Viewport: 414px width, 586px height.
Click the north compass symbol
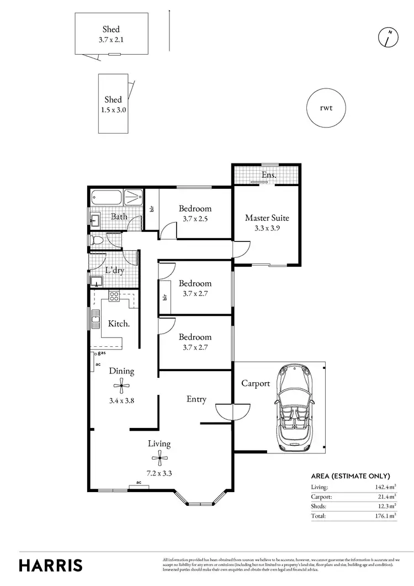click(389, 37)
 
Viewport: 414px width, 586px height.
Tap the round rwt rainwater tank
click(326, 107)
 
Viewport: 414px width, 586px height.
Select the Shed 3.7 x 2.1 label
click(111, 34)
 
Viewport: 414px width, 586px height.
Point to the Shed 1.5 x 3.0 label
click(113, 104)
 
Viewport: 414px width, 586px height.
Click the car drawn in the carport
click(296, 408)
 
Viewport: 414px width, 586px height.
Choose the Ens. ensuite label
click(269, 175)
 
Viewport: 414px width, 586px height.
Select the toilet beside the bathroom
click(97, 241)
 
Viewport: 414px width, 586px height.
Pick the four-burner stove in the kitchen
click(114, 296)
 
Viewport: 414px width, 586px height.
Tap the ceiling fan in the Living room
click(159, 456)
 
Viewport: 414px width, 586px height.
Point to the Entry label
click(196, 399)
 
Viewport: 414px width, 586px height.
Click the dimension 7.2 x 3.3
click(159, 473)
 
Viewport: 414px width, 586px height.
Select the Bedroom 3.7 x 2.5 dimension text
click(195, 219)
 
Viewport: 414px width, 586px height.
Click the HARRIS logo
click(51, 565)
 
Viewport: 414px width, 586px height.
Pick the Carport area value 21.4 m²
click(386, 497)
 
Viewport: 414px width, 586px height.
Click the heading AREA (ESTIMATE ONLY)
click(351, 476)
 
